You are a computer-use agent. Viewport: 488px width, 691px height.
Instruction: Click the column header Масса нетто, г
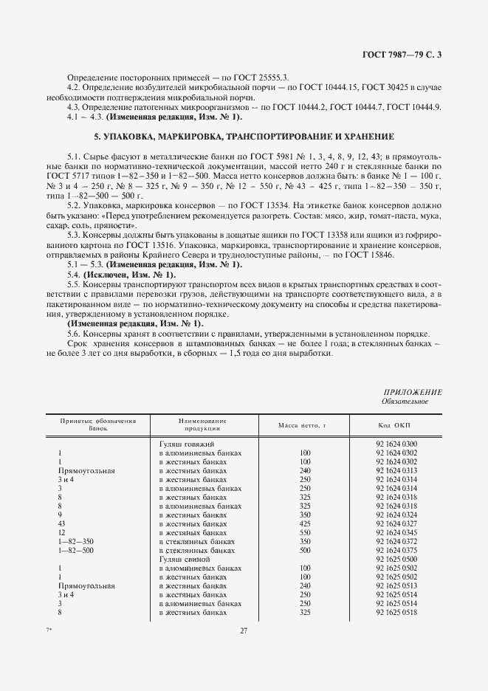point(301,426)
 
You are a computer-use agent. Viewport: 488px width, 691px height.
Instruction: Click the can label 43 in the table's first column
point(61,523)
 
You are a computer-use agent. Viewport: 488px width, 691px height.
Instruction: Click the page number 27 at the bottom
point(243,630)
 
